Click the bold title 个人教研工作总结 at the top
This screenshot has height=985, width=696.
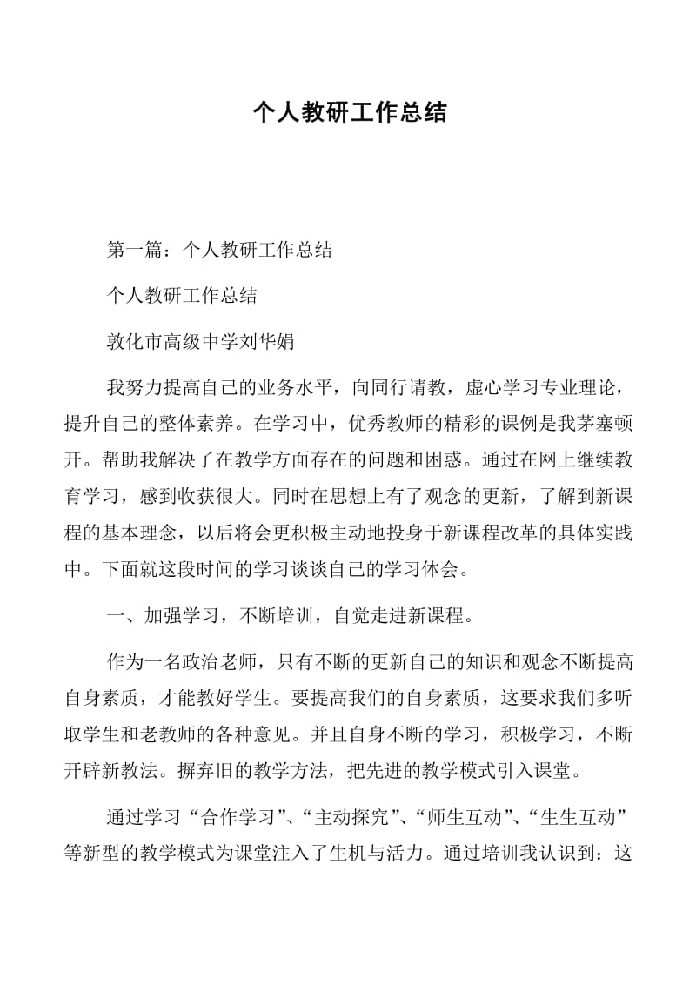pyautogui.click(x=348, y=113)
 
